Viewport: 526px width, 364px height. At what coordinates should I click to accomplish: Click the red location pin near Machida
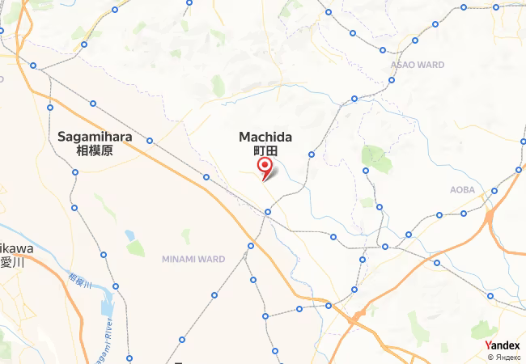point(265,167)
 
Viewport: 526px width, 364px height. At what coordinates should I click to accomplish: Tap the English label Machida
point(265,138)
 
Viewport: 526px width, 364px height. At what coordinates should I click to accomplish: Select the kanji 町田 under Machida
point(265,151)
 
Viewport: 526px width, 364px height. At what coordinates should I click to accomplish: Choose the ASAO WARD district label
point(417,65)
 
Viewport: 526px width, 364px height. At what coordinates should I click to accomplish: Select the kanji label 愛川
point(8,261)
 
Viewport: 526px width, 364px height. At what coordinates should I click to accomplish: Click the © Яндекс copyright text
point(505,357)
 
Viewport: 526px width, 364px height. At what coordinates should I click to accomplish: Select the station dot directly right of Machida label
point(311,154)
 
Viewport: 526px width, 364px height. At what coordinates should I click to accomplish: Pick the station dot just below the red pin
point(267,212)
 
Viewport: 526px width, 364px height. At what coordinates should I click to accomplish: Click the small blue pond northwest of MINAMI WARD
point(129,235)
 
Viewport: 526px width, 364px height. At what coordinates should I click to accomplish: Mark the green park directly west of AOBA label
point(376,158)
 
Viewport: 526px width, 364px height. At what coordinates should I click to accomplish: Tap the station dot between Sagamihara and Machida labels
point(150,141)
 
